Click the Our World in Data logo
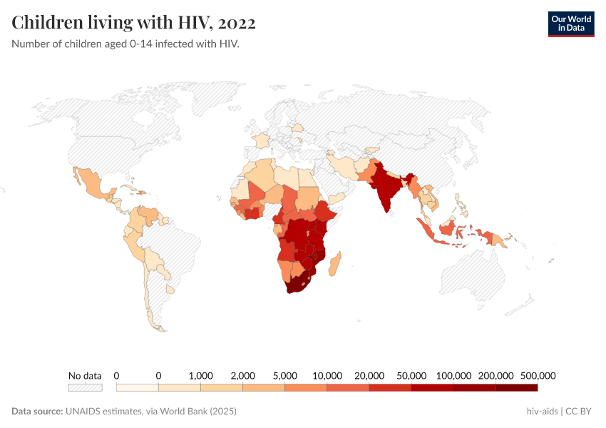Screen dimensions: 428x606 (570, 24)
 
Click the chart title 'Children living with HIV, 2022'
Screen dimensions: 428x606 (134, 23)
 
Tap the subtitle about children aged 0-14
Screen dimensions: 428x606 (125, 44)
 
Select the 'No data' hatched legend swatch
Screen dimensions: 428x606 (85, 387)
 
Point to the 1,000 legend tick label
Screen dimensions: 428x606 (200, 375)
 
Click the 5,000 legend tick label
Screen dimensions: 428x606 (284, 375)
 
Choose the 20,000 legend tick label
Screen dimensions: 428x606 (369, 375)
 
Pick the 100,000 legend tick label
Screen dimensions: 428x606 (453, 375)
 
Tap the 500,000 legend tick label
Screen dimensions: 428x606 (538, 375)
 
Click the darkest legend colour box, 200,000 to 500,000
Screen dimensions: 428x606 (516, 387)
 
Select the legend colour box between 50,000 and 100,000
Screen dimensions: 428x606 (432, 387)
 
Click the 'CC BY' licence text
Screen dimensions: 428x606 (580, 412)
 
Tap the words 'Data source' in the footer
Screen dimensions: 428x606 (37, 412)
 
